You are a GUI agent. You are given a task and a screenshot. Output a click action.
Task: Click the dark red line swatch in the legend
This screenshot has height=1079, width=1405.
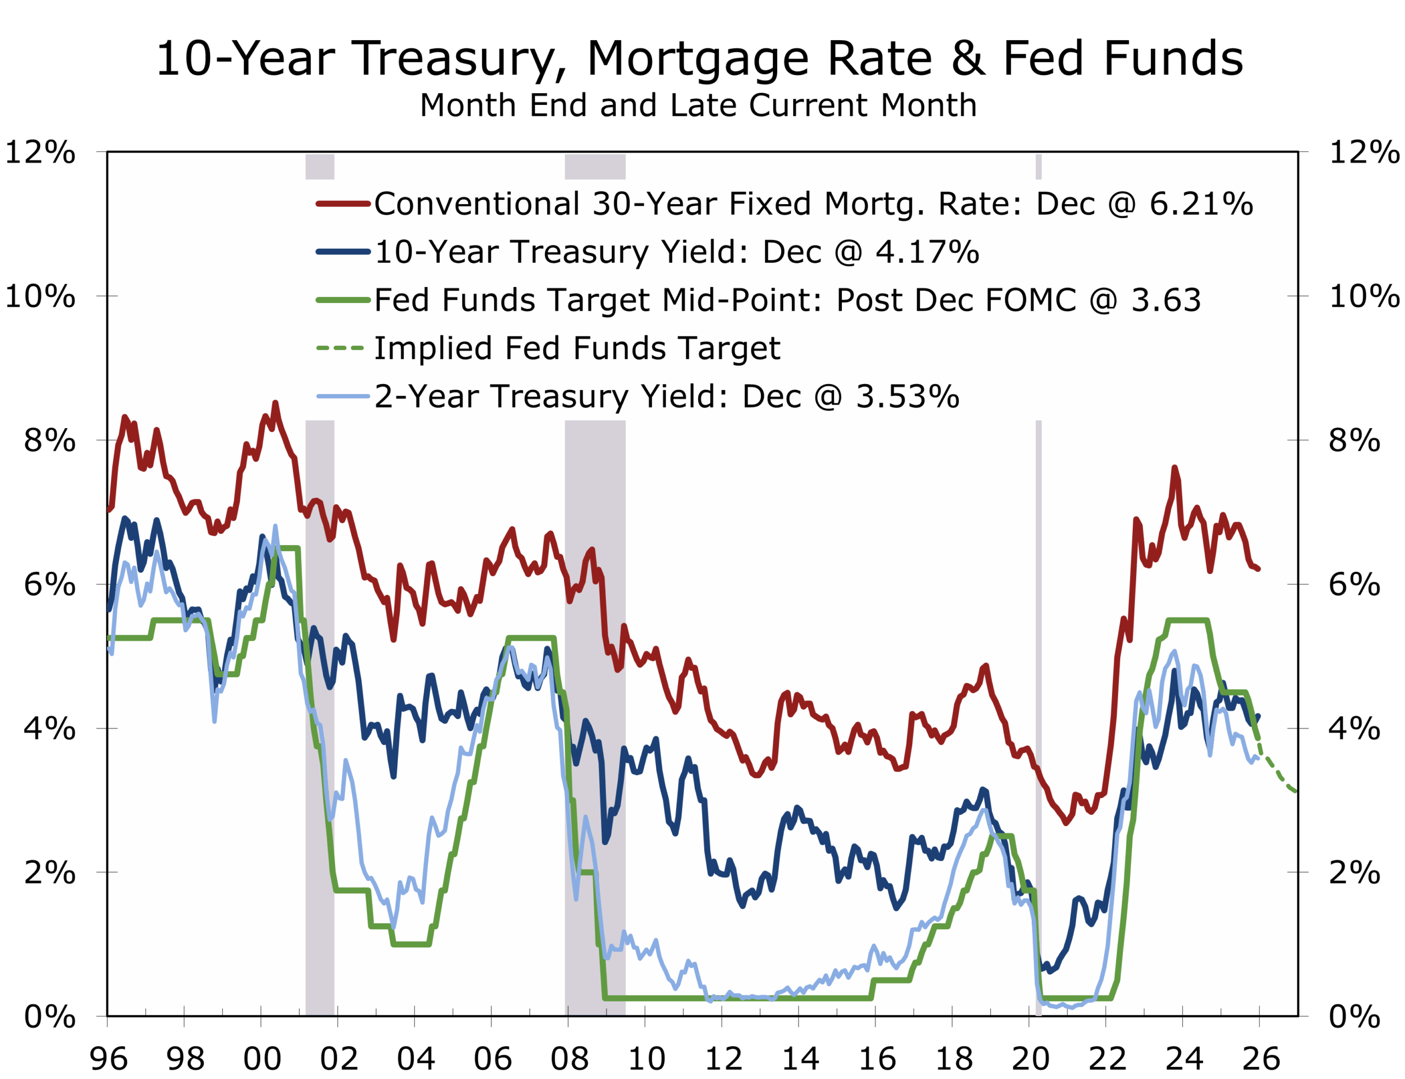(343, 204)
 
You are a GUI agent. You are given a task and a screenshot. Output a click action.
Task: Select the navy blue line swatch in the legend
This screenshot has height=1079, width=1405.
(343, 252)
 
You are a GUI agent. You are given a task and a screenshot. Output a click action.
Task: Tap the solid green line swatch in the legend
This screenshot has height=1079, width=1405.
(343, 300)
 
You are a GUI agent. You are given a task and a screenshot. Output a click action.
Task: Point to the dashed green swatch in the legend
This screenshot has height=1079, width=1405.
(340, 348)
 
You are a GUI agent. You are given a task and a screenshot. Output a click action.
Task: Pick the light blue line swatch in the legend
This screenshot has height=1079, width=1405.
(343, 396)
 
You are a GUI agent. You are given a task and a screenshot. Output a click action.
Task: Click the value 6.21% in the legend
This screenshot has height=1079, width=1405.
(1201, 204)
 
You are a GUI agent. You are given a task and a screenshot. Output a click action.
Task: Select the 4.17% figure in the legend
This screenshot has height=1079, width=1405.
(928, 252)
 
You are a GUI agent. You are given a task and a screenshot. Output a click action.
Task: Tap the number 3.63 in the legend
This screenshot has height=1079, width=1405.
(1166, 300)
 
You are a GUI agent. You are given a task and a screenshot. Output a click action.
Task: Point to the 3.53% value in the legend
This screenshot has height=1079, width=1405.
(907, 396)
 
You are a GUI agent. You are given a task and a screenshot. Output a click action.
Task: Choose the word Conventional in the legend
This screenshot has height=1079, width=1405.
(477, 204)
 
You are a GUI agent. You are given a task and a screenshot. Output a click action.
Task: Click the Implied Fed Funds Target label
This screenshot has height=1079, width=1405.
(577, 348)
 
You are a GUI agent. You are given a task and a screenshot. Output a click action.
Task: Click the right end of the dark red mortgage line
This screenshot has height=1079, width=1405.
(1258, 569)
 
